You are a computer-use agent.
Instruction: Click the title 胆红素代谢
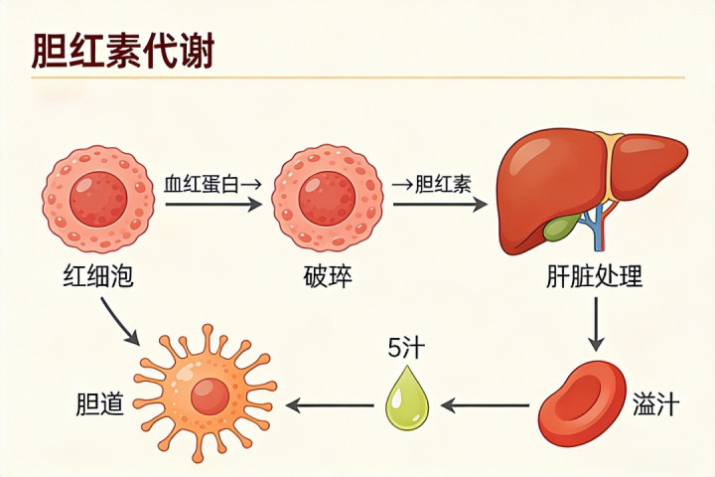click(123, 51)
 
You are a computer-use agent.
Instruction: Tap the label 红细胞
click(98, 276)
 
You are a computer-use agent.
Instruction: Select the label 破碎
click(328, 276)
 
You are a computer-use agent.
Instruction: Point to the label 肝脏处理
click(594, 276)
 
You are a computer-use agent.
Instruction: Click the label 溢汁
click(655, 403)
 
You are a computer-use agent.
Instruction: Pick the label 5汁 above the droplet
click(406, 348)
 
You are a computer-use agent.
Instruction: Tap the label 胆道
click(100, 403)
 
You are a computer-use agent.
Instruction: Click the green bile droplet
click(408, 399)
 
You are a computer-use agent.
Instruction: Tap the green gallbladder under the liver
click(561, 227)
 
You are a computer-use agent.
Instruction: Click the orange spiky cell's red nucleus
click(210, 397)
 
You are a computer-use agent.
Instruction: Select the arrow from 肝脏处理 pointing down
click(596, 325)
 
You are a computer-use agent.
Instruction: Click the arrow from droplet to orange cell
click(330, 404)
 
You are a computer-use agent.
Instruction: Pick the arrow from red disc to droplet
click(486, 404)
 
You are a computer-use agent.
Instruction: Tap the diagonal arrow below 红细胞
click(120, 321)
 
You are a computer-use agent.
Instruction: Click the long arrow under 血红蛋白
click(214, 204)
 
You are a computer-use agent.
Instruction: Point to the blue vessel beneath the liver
click(598, 226)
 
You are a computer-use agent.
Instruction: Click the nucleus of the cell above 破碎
click(327, 199)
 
